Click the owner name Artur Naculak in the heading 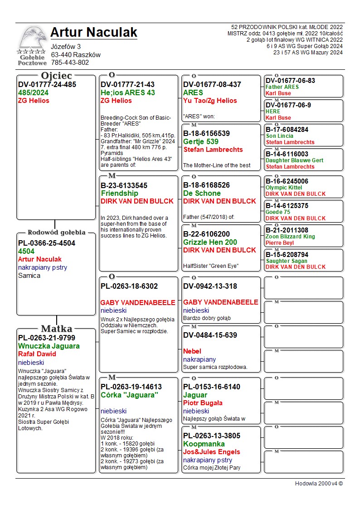[x=93, y=33]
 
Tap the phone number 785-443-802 [x=70, y=63]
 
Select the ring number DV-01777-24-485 [x=47, y=85]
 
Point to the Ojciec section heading [x=56, y=76]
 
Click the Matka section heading [x=56, y=329]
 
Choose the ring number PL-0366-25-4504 [x=47, y=243]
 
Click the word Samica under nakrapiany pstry [x=29, y=276]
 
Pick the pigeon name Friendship [x=119, y=194]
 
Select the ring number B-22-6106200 [x=213, y=234]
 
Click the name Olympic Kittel [x=284, y=188]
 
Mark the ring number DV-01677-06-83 [x=290, y=81]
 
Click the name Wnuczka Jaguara [x=49, y=346]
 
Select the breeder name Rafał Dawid [x=37, y=354]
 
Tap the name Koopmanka [x=204, y=444]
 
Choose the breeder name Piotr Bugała [x=203, y=403]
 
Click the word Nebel [x=192, y=351]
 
